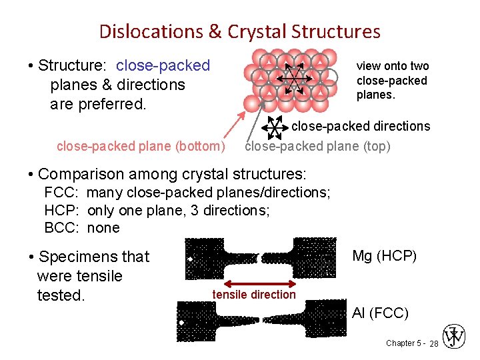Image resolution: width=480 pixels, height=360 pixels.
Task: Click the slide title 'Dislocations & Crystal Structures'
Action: pos(239,31)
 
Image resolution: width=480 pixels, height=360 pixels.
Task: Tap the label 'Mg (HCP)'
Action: pos(384,256)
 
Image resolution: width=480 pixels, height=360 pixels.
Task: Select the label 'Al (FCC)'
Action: pos(380,313)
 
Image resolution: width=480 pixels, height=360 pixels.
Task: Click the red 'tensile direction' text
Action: pos(254,295)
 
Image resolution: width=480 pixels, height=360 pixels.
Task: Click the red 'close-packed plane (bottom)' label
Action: pos(141,146)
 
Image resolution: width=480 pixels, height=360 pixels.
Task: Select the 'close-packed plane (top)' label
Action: pos(318,146)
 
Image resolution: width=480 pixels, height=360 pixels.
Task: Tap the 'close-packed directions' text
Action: pos(361,126)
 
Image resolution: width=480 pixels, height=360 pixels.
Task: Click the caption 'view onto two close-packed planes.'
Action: pos(392,80)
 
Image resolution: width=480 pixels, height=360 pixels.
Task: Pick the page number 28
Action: pos(433,343)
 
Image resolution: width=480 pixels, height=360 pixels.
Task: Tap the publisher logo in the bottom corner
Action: pos(455,337)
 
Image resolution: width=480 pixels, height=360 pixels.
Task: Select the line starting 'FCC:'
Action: pos(187,193)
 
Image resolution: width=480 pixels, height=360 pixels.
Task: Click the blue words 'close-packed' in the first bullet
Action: pos(163,65)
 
